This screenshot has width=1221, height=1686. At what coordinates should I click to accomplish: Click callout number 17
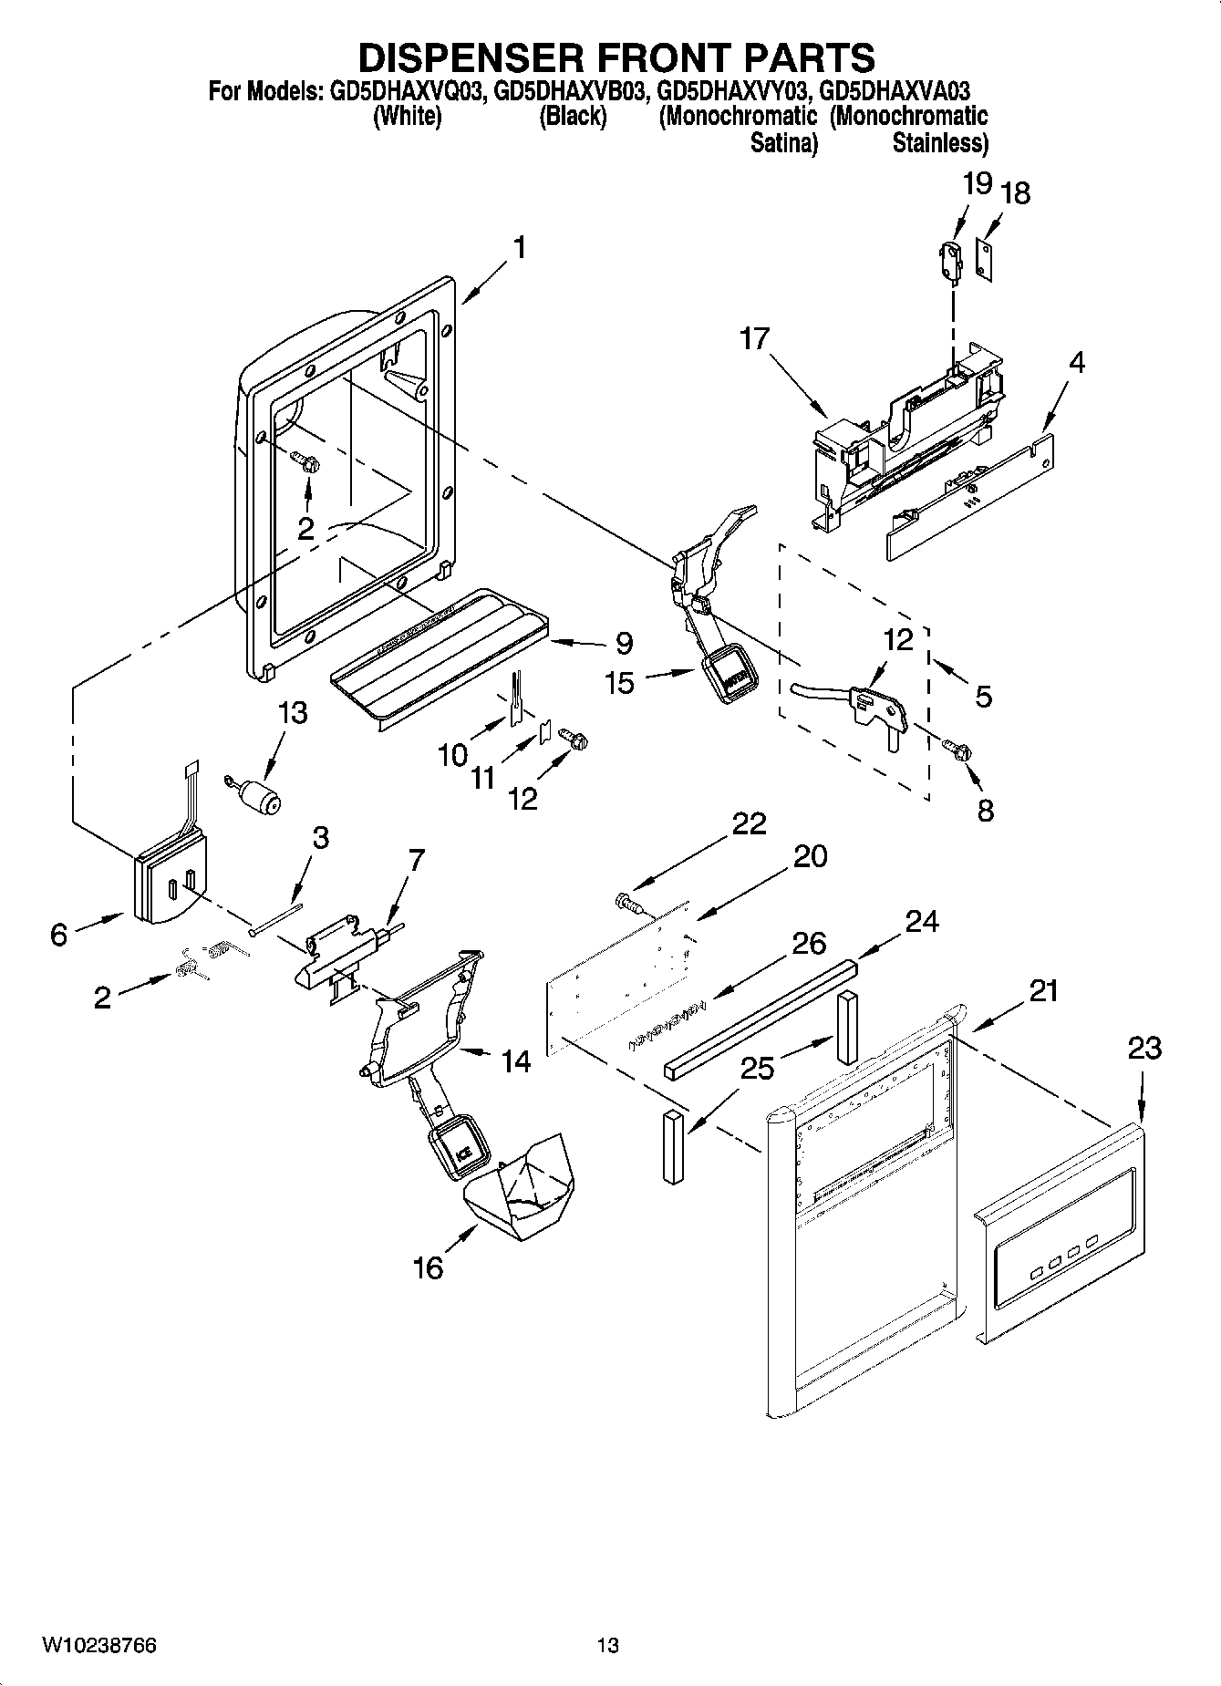tap(755, 340)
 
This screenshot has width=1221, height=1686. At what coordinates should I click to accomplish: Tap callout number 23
tap(1143, 1049)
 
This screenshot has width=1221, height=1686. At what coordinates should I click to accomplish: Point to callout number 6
tap(59, 934)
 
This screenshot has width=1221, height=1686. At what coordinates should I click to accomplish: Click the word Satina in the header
tap(782, 143)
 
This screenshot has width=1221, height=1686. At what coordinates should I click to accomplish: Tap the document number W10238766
tap(98, 1645)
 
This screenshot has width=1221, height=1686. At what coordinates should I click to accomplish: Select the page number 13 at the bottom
tap(607, 1645)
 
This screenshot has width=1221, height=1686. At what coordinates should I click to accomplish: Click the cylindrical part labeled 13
tap(264, 802)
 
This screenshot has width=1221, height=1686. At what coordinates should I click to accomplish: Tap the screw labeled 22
tap(626, 902)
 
